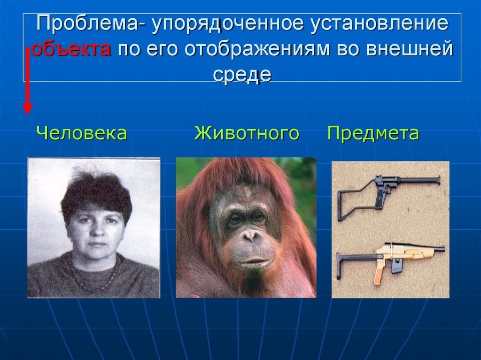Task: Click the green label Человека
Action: [x=82, y=133]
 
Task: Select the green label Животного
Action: [x=247, y=133]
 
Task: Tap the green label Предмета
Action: [x=373, y=133]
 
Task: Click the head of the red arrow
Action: [x=28, y=109]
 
